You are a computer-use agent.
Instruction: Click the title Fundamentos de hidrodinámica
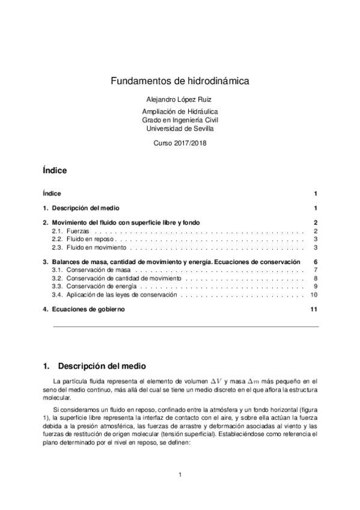point(180,81)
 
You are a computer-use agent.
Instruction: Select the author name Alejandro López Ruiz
point(180,99)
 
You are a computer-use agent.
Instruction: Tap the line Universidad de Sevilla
point(180,128)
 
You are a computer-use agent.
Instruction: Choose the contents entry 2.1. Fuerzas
point(66,231)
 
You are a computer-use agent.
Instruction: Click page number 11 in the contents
point(313,309)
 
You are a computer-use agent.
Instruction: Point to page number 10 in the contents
point(313,295)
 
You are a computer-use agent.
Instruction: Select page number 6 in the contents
point(315,262)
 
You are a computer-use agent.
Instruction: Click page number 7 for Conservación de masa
point(315,271)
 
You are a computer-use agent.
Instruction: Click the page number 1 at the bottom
point(180,476)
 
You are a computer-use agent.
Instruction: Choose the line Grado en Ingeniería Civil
point(180,120)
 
